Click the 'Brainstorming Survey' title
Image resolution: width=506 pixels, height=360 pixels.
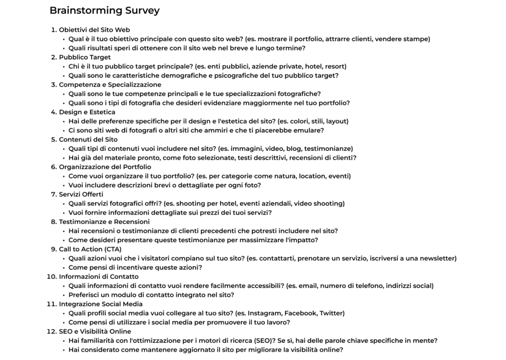click(x=104, y=10)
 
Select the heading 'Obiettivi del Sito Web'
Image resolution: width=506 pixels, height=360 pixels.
click(x=94, y=30)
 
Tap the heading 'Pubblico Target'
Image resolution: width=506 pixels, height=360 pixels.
click(x=84, y=57)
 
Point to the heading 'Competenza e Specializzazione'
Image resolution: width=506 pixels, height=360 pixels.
click(x=110, y=85)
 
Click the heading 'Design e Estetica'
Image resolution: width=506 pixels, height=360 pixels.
click(x=87, y=112)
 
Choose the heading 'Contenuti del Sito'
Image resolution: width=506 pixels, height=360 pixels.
click(x=88, y=139)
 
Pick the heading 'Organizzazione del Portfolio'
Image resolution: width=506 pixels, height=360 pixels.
click(x=105, y=167)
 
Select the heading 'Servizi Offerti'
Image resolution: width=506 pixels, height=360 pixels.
click(x=81, y=194)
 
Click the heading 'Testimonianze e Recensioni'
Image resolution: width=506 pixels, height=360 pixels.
click(x=104, y=222)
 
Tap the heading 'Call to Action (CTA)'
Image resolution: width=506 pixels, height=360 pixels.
click(x=90, y=249)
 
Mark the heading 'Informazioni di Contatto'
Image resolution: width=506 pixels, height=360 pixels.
click(x=98, y=277)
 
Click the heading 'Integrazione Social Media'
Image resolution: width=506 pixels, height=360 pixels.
click(x=101, y=304)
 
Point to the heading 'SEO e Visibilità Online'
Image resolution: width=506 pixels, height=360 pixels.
click(x=95, y=331)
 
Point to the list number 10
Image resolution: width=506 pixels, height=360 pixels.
click(x=51, y=277)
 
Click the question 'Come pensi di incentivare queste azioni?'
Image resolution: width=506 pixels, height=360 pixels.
click(x=135, y=268)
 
